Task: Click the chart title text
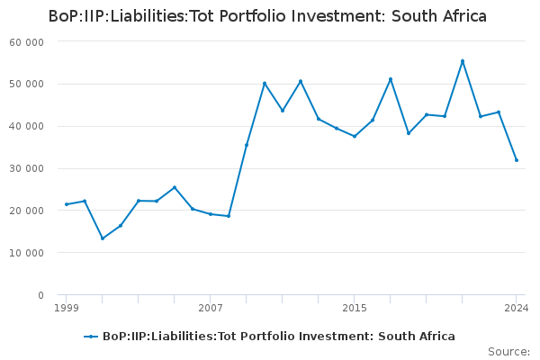(x=268, y=16)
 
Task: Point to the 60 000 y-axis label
(x=27, y=42)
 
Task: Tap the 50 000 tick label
(x=27, y=85)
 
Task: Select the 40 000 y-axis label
(x=27, y=127)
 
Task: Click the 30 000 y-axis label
(x=27, y=169)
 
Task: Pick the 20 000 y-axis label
(x=27, y=211)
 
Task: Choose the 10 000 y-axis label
(x=27, y=254)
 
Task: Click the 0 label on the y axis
(x=40, y=295)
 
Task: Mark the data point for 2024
(x=517, y=160)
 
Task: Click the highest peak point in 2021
(x=463, y=61)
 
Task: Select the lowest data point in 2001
(x=103, y=238)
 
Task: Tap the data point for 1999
(x=67, y=204)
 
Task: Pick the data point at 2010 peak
(x=265, y=84)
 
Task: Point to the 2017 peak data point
(x=391, y=79)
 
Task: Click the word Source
(x=508, y=351)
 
